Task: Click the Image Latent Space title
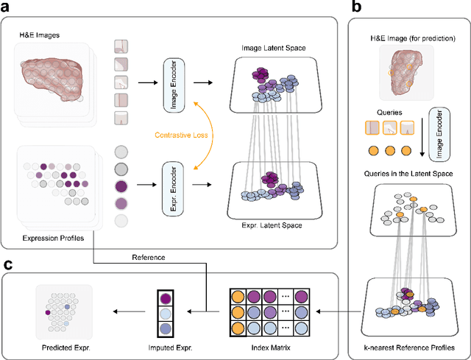274,49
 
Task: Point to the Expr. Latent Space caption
274,220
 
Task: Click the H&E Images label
40,34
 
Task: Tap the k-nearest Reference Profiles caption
410,347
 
